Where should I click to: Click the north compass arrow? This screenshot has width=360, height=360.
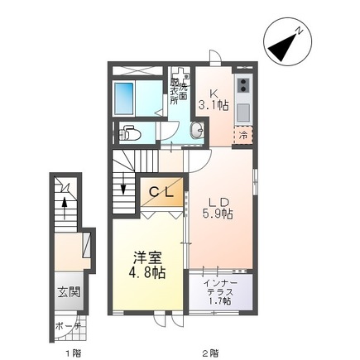point(286,44)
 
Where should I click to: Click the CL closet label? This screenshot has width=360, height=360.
point(161,192)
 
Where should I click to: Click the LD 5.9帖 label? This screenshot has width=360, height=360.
point(218,205)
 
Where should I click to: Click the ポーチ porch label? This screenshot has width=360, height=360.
point(70,325)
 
